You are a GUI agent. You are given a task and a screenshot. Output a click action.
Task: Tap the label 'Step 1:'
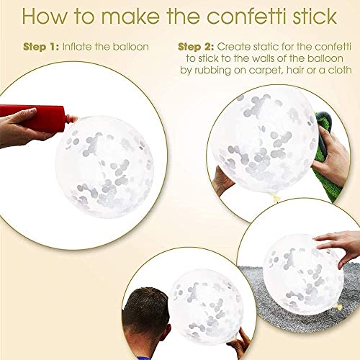click(41, 47)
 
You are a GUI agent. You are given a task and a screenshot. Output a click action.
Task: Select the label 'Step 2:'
click(196, 47)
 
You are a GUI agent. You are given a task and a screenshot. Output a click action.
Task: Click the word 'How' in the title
click(45, 17)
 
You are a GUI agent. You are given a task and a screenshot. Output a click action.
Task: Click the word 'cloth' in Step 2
click(340, 70)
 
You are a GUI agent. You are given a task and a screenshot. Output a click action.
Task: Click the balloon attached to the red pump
click(104, 167)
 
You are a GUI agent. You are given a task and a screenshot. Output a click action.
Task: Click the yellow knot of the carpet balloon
click(339, 307)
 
